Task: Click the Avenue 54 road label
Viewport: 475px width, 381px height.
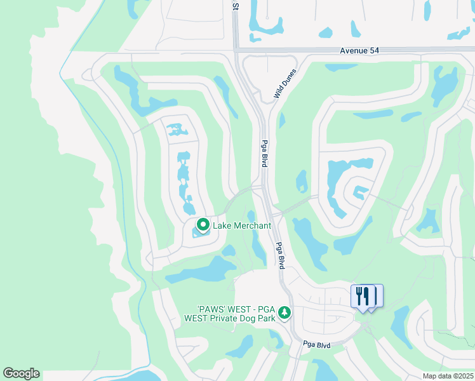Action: tap(359, 51)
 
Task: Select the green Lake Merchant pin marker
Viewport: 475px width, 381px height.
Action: tap(203, 225)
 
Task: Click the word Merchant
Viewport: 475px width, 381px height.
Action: tap(251, 225)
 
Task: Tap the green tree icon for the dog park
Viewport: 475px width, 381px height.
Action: tap(286, 312)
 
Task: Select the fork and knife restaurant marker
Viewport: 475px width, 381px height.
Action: tap(362, 296)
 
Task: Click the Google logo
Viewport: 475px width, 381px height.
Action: tap(21, 373)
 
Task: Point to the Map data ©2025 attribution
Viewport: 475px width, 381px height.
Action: tap(447, 376)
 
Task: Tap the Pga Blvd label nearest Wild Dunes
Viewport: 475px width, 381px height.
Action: tap(264, 154)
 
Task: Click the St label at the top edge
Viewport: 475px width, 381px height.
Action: tap(235, 6)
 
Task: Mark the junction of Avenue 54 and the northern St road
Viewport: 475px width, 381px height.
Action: tap(236, 50)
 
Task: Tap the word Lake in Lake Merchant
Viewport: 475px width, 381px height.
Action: tap(222, 225)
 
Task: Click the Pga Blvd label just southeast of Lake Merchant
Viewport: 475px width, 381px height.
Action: tap(279, 255)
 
